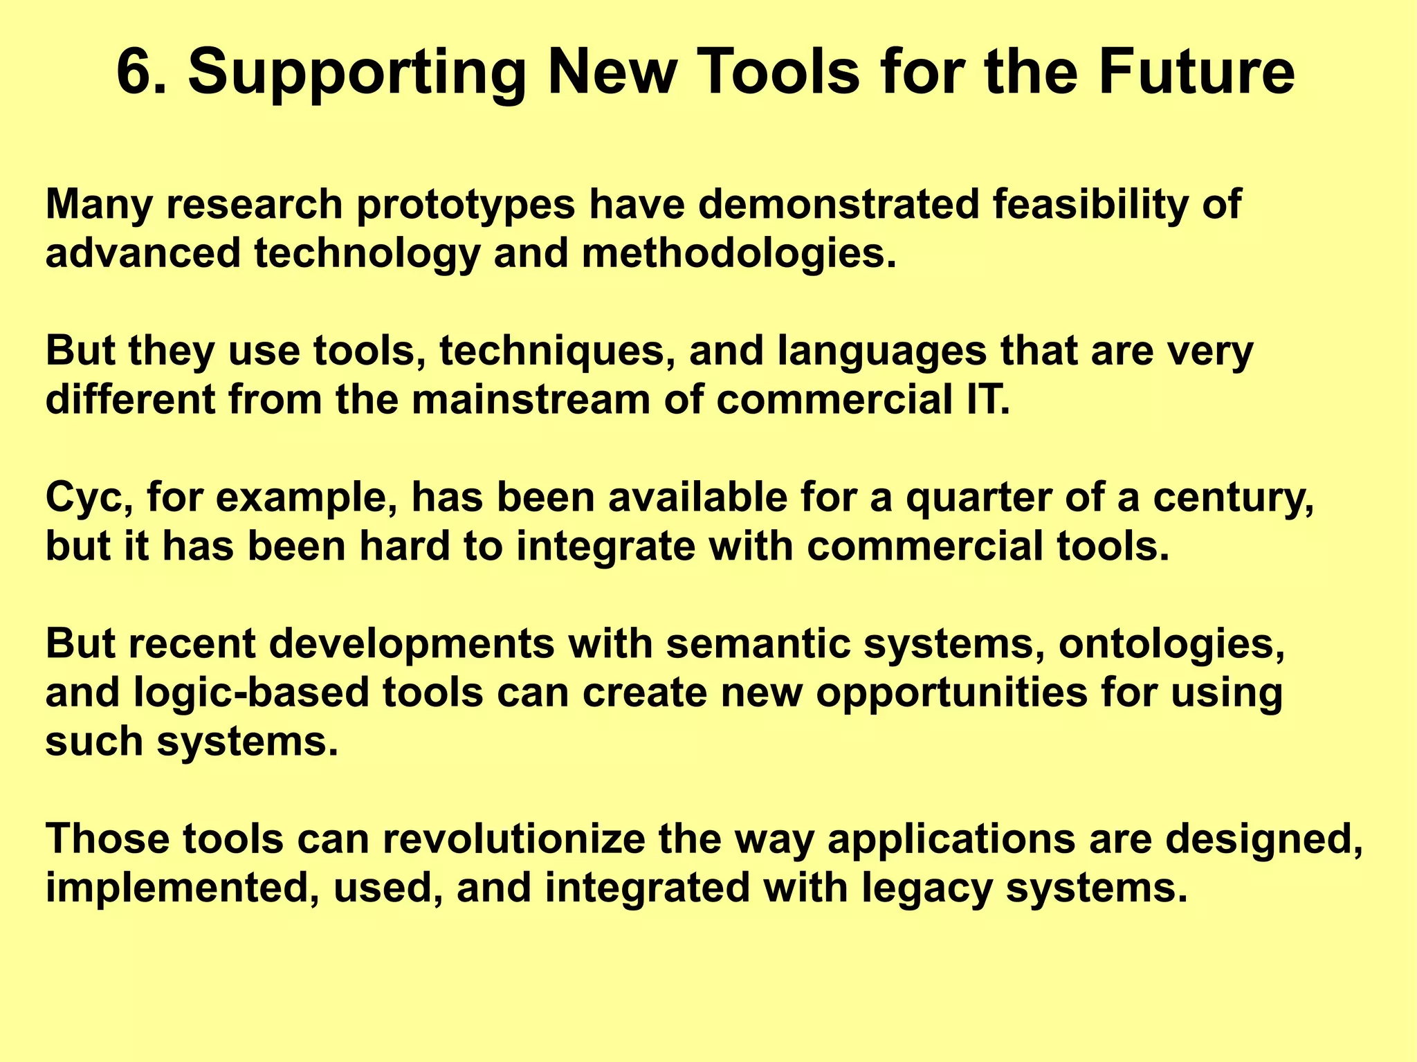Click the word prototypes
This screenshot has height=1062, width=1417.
465,206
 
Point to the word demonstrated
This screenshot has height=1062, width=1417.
838,205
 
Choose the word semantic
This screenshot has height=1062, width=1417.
757,644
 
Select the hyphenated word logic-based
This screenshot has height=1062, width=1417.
251,693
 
